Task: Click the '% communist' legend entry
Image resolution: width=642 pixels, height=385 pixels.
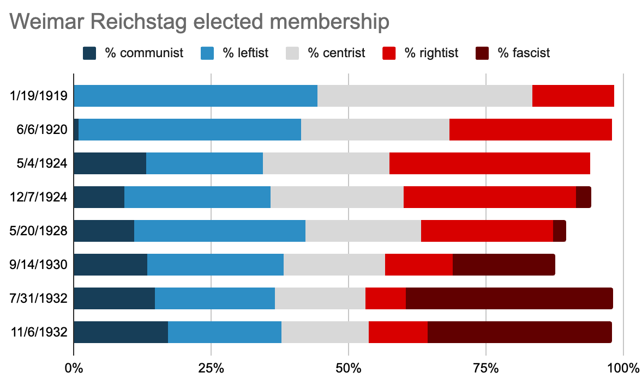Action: (133, 53)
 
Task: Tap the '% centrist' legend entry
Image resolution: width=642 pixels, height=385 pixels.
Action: (326, 53)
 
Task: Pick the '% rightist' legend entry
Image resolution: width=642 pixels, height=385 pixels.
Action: (422, 53)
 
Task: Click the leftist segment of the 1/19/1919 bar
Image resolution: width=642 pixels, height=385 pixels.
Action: (195, 96)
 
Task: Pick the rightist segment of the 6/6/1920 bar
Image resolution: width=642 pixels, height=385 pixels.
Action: (530, 130)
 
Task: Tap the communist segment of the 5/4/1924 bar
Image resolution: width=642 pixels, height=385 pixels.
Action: (110, 163)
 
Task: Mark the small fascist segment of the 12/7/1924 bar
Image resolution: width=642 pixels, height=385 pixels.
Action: (583, 197)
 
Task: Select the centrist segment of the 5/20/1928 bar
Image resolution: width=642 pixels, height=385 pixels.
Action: (363, 231)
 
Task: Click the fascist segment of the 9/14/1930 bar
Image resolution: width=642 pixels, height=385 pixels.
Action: (503, 265)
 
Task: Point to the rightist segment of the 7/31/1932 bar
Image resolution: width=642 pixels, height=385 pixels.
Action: (385, 298)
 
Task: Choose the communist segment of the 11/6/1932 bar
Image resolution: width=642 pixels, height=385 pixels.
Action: (121, 332)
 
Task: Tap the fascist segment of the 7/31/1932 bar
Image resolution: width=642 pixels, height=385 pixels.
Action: (509, 298)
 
